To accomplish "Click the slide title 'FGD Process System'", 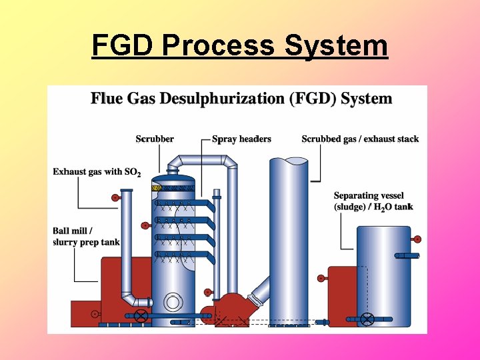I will [239, 45].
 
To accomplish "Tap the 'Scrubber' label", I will [155, 139].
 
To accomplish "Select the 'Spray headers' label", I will [241, 139].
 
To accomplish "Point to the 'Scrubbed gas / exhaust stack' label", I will [360, 139].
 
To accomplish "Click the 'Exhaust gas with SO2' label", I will [97, 172].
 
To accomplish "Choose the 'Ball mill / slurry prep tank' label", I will [86, 237].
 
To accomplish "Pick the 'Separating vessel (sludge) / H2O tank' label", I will [373, 201].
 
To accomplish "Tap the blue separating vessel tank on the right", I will [383, 273].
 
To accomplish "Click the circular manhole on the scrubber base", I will [173, 302].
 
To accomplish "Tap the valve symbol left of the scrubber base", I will [140, 315].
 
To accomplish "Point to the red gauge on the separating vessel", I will [417, 239].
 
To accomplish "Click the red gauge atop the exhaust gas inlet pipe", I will [115, 197].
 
